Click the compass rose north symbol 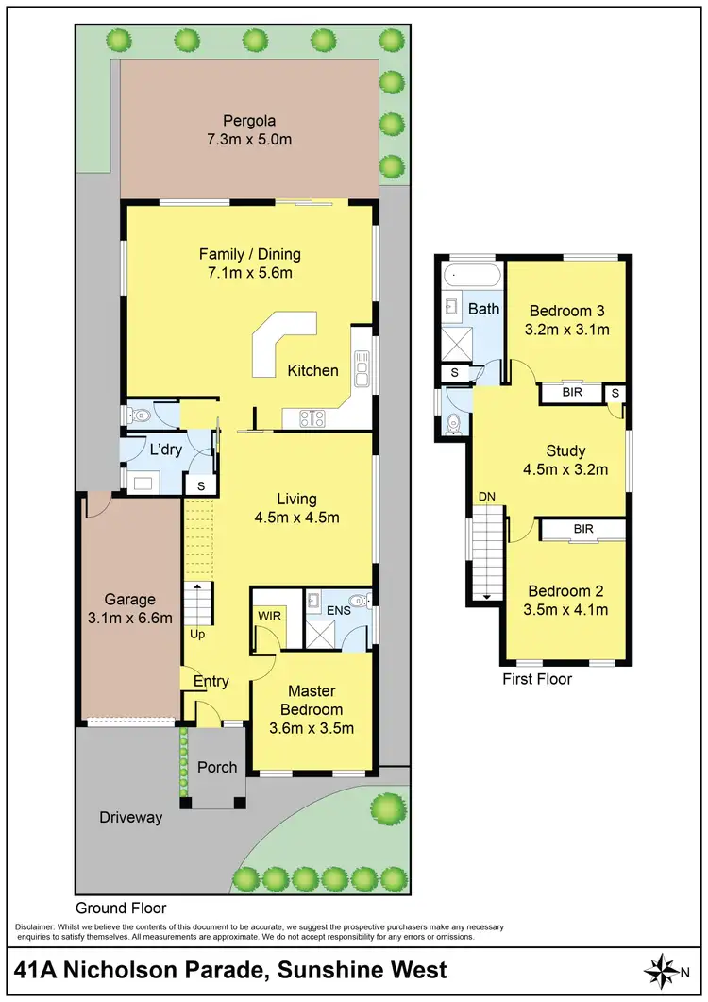point(666,970)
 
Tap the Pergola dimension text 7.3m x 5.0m point(249,139)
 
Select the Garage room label point(129,599)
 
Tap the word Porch point(217,766)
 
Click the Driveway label point(131,818)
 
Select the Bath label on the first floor point(483,309)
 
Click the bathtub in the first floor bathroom point(471,279)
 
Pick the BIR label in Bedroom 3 point(571,392)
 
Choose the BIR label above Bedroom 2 point(583,529)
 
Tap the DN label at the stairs point(487,496)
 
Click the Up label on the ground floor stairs point(197,634)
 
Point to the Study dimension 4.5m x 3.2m point(565,469)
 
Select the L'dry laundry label point(166,450)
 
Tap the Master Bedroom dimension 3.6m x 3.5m point(313,727)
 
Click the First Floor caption point(537,678)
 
